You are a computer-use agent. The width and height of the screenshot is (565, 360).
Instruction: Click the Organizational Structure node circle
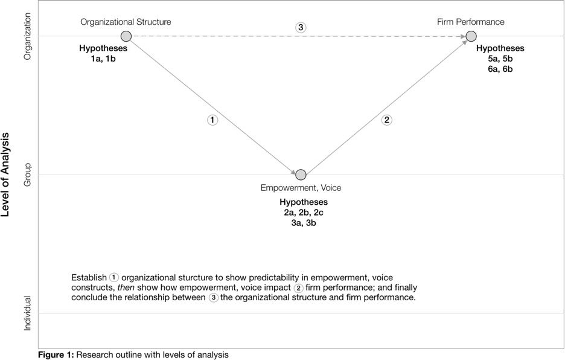click(x=126, y=36)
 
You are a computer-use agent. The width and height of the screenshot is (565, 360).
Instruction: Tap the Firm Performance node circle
click(x=471, y=36)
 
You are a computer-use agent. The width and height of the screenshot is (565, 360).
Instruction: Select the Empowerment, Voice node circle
click(x=301, y=175)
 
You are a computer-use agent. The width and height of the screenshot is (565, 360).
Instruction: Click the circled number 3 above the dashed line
click(x=301, y=27)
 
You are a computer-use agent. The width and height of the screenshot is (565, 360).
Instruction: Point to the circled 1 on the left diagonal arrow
click(x=212, y=120)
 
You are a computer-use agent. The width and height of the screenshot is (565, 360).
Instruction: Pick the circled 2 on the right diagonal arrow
click(x=387, y=120)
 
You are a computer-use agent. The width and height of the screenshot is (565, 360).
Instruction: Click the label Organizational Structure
click(x=126, y=22)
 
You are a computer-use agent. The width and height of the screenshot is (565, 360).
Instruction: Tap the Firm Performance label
click(x=471, y=22)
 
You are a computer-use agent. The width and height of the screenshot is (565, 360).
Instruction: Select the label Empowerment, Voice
click(x=301, y=188)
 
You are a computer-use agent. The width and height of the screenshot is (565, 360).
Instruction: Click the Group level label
click(x=27, y=175)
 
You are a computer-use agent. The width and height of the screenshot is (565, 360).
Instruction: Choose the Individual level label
click(x=27, y=313)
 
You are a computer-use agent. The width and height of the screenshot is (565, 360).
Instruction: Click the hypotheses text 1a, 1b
click(x=103, y=59)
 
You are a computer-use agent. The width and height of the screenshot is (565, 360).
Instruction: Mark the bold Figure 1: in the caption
click(x=56, y=355)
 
